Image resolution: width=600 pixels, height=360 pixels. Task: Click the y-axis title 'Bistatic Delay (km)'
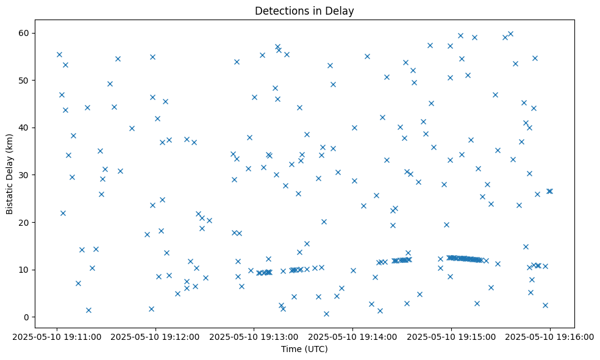click(x=10, y=168)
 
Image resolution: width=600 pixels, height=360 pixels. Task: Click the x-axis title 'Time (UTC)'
click(x=304, y=349)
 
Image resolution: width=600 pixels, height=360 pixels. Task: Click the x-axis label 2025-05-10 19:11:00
click(x=57, y=336)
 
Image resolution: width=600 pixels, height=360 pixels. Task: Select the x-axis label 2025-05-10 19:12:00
click(x=155, y=336)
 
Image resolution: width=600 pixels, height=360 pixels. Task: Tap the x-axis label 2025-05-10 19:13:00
click(x=254, y=336)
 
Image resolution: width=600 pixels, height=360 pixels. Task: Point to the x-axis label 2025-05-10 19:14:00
click(x=353, y=336)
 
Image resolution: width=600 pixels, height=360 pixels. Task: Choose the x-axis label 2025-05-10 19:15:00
click(x=452, y=336)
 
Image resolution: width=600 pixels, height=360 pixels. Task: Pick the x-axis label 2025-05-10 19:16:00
click(x=550, y=336)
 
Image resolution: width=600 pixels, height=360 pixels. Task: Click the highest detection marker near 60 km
click(x=510, y=34)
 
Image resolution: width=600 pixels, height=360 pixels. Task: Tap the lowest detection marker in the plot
click(x=326, y=314)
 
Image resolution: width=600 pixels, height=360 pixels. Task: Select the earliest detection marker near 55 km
click(x=59, y=54)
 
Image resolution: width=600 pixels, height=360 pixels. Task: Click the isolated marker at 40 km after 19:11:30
click(x=132, y=128)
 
